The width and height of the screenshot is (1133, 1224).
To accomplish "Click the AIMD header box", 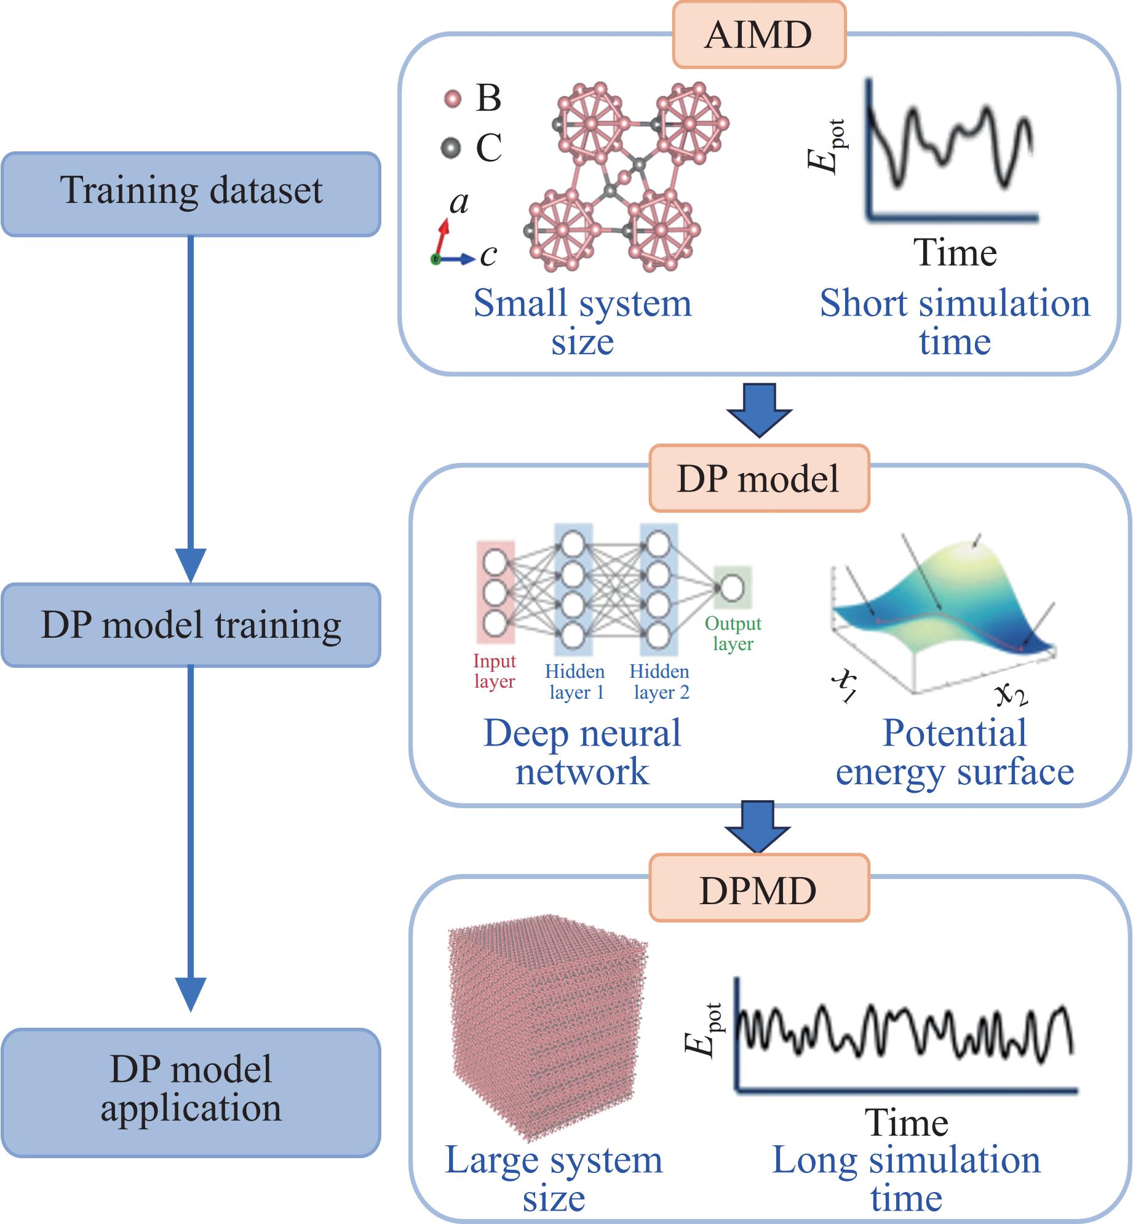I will coord(759,34).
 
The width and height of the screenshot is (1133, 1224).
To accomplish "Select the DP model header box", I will coord(759,479).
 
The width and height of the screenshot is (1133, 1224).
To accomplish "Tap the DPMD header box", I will coord(759,890).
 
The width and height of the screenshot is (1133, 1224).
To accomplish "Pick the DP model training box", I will coord(191,625).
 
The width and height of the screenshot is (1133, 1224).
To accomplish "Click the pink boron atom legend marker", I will coord(453,98).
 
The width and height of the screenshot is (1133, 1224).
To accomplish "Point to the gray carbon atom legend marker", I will coord(451,148).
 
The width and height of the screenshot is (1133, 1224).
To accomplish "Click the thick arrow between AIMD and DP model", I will coord(759,410).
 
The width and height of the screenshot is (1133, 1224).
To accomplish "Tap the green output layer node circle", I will coord(732,587).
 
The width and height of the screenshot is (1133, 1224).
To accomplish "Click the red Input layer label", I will coord(495,671).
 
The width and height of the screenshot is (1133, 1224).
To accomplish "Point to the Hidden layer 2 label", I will coord(660,682).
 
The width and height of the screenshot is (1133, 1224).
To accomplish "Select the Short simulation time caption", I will coord(955,322).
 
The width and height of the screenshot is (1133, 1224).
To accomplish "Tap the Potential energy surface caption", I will coord(955,752).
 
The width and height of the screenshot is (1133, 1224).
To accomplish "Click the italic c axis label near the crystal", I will coord(488,255).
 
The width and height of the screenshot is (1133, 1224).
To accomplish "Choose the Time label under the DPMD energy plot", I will coord(906,1123).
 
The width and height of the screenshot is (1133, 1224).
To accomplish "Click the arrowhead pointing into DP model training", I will coord(191,565).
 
